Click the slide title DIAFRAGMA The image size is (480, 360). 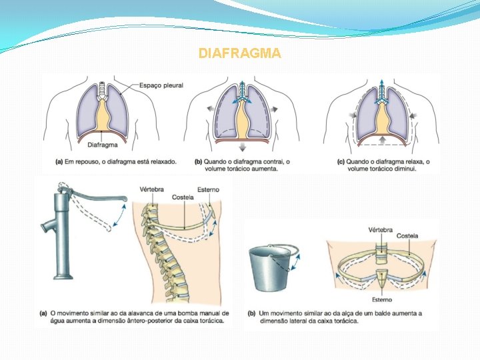(x=240, y=53)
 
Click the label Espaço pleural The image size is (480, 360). (x=161, y=85)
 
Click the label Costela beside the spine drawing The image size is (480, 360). (x=183, y=197)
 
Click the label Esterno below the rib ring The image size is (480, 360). (x=381, y=301)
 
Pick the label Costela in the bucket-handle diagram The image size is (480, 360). (x=407, y=237)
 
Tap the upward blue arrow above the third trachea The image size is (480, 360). (x=382, y=85)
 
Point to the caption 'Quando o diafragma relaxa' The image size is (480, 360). (x=383, y=165)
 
